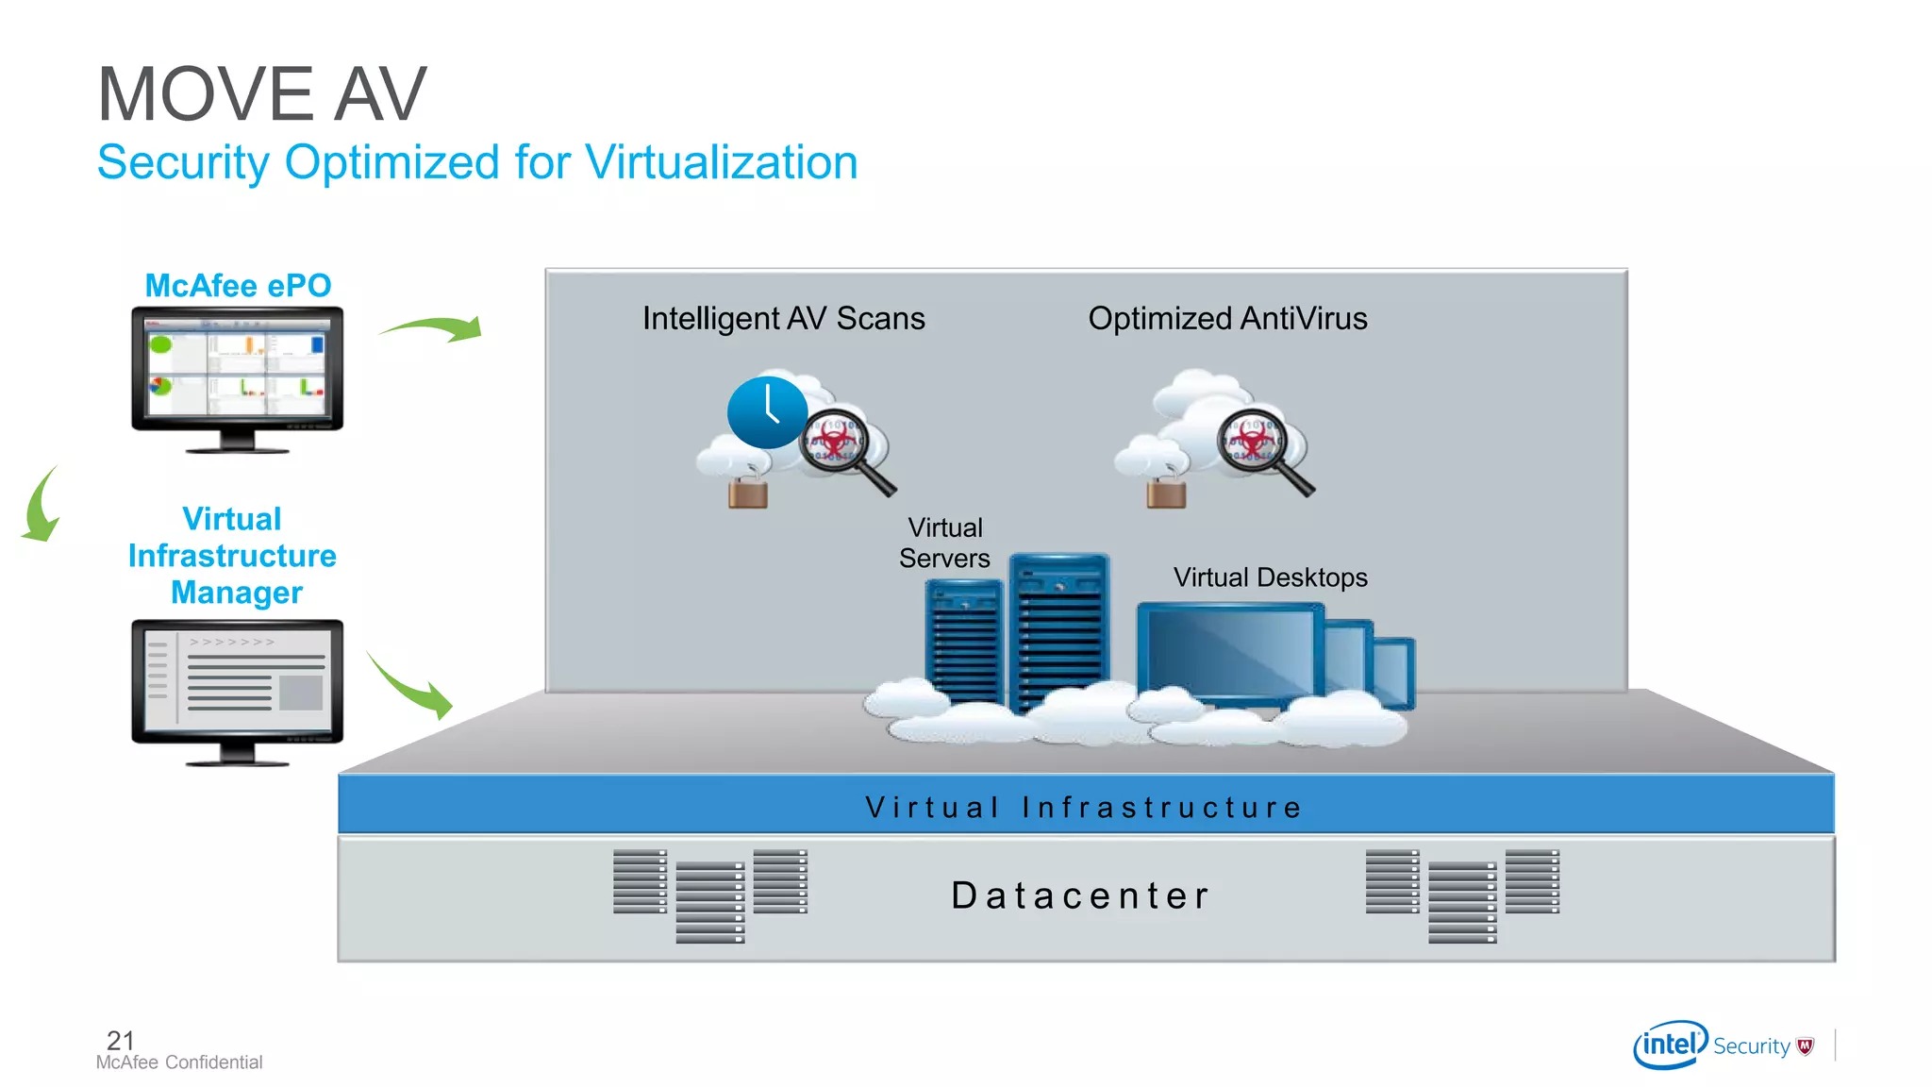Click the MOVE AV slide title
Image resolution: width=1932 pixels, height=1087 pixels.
(262, 94)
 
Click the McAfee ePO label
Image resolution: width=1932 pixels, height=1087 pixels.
(238, 285)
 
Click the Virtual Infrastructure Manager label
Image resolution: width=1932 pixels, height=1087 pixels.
(232, 556)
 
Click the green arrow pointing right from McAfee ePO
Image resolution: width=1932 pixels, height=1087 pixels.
(434, 328)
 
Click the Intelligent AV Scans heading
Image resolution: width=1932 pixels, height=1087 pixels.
(783, 318)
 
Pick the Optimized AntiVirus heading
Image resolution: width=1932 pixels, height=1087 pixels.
(1227, 318)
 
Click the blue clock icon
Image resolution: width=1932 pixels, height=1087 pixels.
(767, 412)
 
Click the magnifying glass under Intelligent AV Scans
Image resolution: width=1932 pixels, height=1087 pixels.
(841, 446)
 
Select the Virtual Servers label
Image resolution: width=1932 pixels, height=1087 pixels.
(944, 543)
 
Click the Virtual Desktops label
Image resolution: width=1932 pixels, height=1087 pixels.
(1270, 577)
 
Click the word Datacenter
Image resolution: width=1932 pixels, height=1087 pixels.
(1080, 895)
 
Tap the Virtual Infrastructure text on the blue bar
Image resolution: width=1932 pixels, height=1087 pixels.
(1084, 807)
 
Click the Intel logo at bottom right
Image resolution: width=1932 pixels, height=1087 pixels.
(1670, 1045)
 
